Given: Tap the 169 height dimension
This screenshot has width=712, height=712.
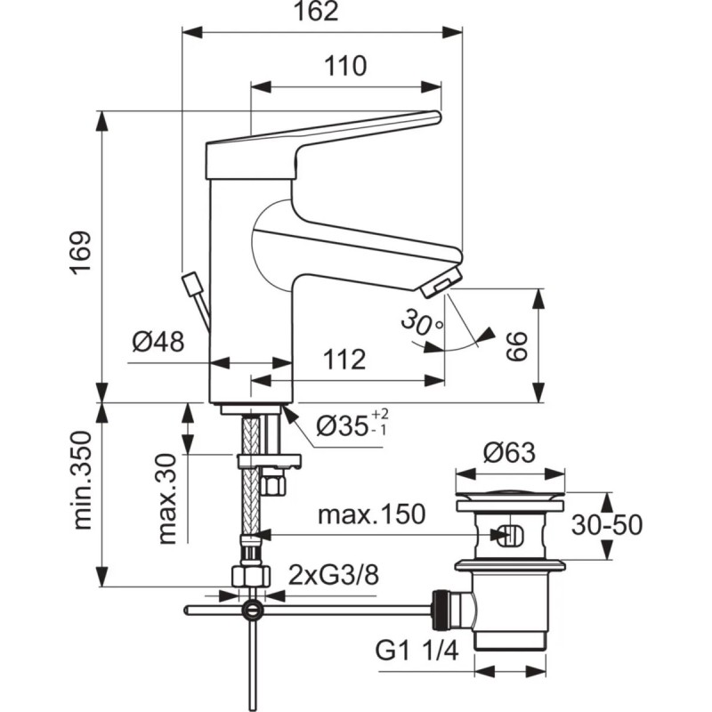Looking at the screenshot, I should [x=82, y=255].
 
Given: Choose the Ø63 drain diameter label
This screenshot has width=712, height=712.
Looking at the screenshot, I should [x=508, y=454].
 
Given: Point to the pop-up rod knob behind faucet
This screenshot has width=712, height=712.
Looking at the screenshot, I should [x=191, y=285].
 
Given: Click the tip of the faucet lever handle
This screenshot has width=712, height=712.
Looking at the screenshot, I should [x=436, y=116].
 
